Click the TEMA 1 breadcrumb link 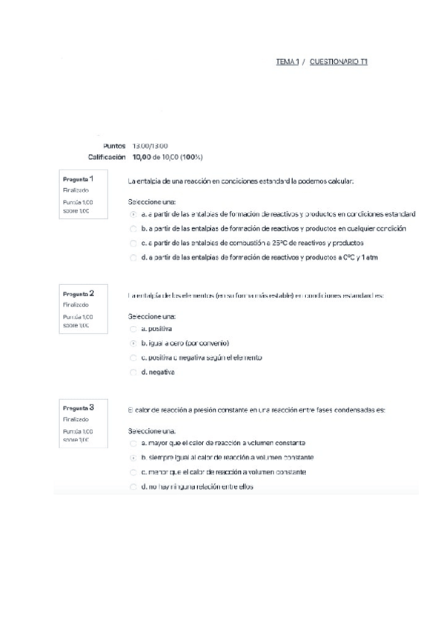287,62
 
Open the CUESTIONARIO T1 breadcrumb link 339,62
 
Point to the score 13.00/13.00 150,146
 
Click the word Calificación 107,157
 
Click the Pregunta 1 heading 79,178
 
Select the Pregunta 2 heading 79,293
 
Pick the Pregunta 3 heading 79,408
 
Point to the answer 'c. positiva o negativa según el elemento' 201,358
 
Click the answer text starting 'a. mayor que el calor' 222,443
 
